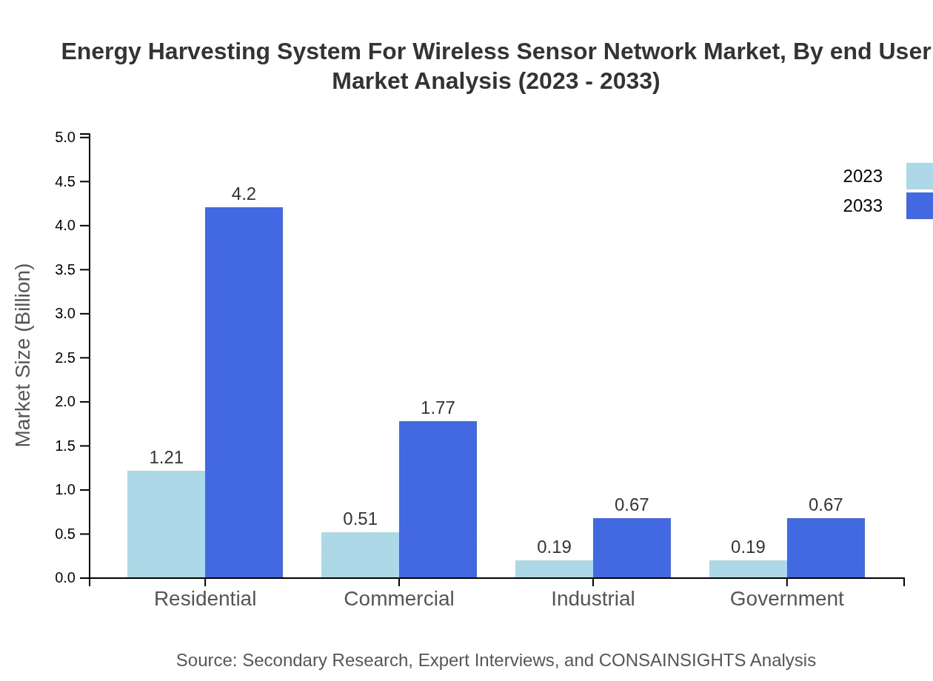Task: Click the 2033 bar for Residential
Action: (244, 392)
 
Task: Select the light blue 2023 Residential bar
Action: (166, 524)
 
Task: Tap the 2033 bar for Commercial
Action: (438, 499)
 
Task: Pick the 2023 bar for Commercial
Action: (360, 554)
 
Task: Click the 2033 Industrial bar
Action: (632, 548)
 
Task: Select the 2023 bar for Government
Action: (748, 568)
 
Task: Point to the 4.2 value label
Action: (244, 194)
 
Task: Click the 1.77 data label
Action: (438, 408)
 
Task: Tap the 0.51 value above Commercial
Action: (360, 519)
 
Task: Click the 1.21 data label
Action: (166, 457)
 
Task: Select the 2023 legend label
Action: (863, 176)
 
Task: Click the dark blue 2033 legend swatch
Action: (920, 206)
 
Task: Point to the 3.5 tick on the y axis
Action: (66, 270)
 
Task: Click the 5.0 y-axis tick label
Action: (66, 138)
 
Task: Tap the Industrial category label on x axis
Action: (592, 598)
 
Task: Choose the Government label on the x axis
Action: (786, 598)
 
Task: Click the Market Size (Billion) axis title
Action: (24, 355)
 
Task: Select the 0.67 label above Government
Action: (826, 505)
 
